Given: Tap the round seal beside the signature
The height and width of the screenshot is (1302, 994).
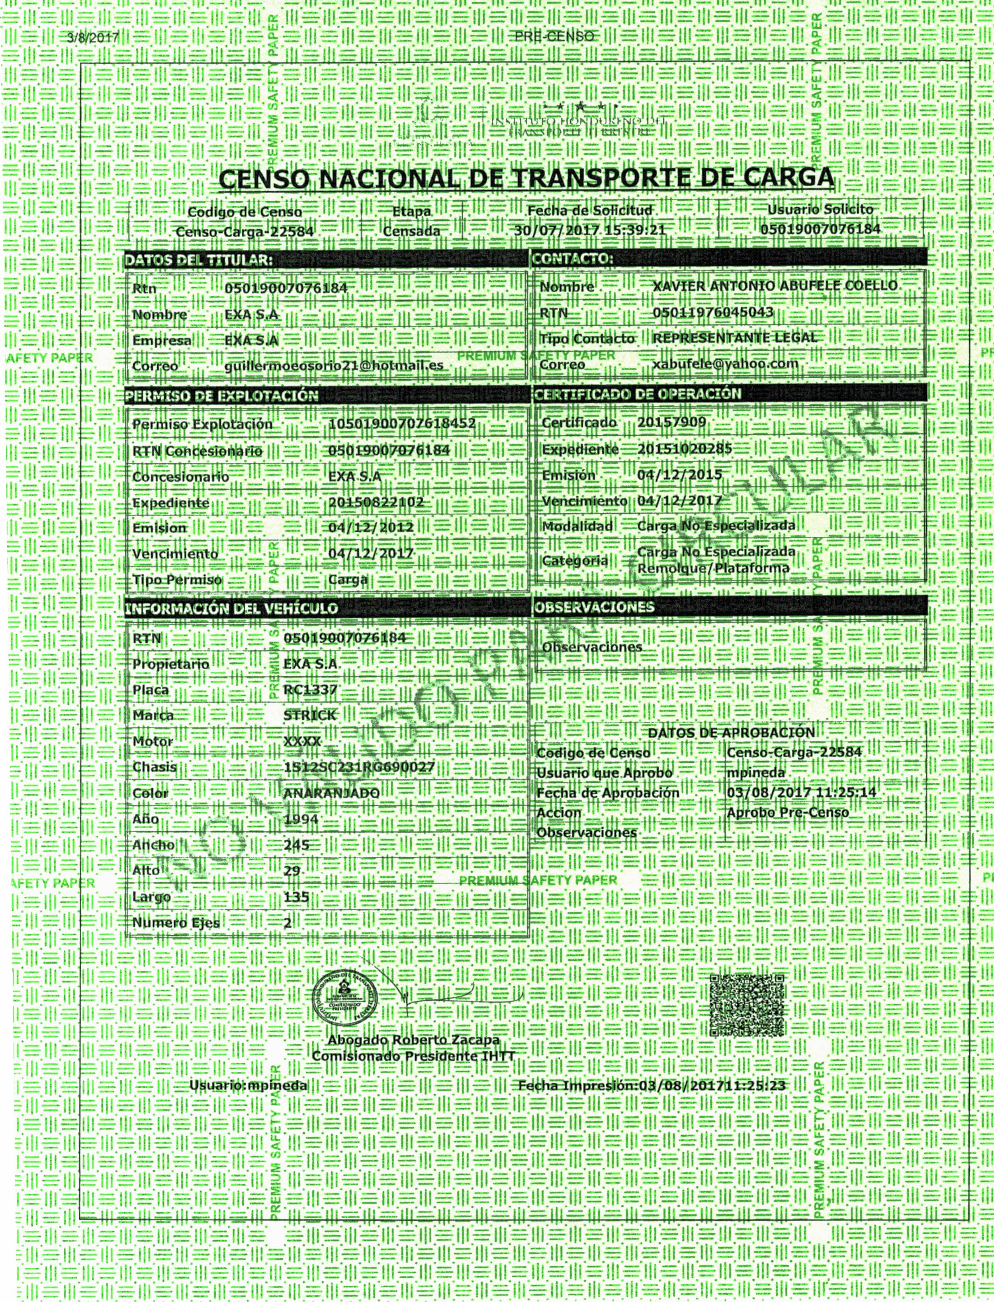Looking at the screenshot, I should click(x=346, y=1000).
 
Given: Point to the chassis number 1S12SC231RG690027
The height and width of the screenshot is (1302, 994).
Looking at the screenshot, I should click(x=359, y=767).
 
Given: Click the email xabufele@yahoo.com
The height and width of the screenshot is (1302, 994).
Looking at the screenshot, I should click(x=725, y=363).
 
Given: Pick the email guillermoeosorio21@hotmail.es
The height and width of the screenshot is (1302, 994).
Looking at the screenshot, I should click(x=334, y=366).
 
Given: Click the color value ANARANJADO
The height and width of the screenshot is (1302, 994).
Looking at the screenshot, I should click(x=331, y=793).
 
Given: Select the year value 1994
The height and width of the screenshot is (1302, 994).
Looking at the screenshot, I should click(x=301, y=819).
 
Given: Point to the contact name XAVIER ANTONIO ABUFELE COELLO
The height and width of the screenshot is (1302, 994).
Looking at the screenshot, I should click(x=775, y=286).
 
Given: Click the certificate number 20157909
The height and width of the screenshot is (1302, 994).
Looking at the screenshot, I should click(x=671, y=422).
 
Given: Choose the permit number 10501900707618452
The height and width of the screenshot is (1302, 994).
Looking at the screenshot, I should click(x=402, y=424).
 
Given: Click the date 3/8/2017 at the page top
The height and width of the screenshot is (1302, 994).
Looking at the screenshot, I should click(x=93, y=38).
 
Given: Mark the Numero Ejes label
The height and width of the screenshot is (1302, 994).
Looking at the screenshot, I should click(x=176, y=923).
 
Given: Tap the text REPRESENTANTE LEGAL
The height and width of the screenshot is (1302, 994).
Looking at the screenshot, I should click(x=734, y=338).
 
